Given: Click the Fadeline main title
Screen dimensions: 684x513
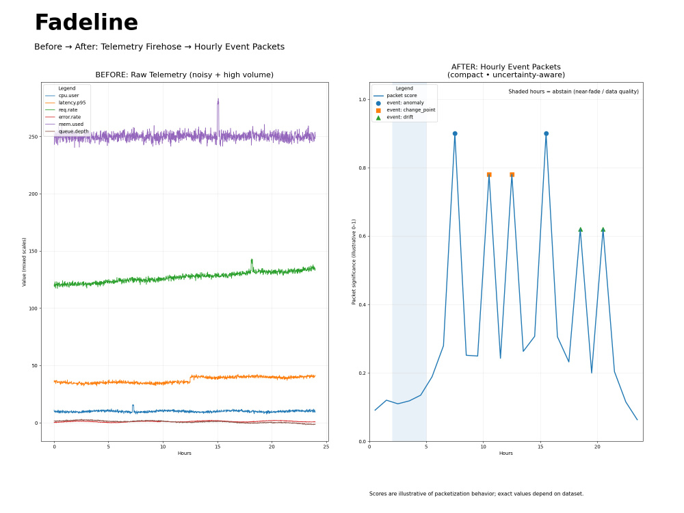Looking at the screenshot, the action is [x=86, y=23].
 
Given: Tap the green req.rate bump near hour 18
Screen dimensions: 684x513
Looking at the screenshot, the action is [x=252, y=264].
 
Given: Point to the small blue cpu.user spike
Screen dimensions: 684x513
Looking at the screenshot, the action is [x=133, y=408].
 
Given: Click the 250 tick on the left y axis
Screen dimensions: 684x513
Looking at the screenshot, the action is [x=33, y=137].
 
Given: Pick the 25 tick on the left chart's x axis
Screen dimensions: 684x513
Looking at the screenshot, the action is [x=326, y=446].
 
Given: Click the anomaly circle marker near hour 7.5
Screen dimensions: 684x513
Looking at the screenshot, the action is [x=455, y=134].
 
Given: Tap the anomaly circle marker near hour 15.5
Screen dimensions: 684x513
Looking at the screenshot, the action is [x=546, y=134].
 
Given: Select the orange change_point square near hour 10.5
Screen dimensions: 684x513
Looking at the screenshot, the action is [x=489, y=174].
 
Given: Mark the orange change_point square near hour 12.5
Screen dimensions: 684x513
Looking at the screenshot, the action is [x=512, y=174].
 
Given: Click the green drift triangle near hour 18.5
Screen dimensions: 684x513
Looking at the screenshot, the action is [x=580, y=229].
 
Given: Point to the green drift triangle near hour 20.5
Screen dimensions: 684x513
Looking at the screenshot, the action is [x=603, y=229].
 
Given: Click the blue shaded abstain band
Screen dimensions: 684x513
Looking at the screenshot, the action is [x=409, y=262].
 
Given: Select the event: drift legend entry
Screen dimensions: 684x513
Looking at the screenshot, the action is [x=400, y=118].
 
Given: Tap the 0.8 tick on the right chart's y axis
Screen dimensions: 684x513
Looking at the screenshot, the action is [x=363, y=168].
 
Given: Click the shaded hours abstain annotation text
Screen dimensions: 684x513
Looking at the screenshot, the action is [x=573, y=92].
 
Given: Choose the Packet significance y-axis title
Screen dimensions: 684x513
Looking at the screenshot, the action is [x=354, y=262].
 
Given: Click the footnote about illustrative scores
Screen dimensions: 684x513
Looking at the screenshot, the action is [x=476, y=494].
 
